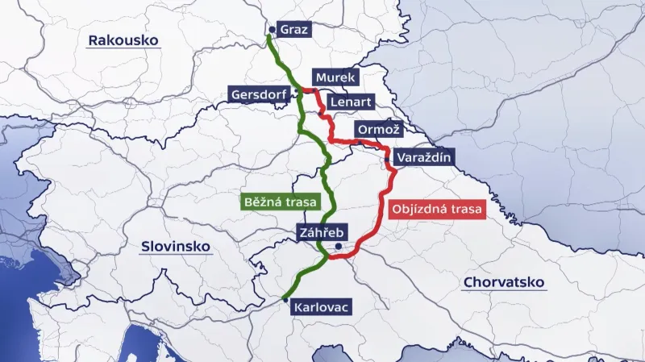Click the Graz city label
tap(294, 29)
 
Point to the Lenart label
tap(351, 102)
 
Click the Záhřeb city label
tap(320, 233)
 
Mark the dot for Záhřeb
tap(339, 247)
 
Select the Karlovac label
tap(322, 307)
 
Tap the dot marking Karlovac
tap(285, 299)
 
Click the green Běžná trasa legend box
tap(280, 201)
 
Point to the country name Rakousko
tap(124, 40)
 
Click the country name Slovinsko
tap(175, 246)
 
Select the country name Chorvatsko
tap(504, 282)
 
